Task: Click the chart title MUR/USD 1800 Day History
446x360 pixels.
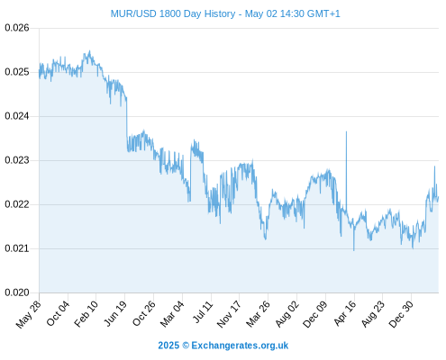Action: point(173,13)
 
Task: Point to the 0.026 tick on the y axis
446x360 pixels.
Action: point(17,28)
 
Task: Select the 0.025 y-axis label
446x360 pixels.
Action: point(17,72)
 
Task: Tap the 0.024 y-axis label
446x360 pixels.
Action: point(17,116)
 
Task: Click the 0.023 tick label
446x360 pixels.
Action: point(17,160)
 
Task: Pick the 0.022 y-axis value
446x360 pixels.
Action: point(17,204)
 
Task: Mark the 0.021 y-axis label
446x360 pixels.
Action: point(17,248)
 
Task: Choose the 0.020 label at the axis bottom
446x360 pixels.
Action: point(17,292)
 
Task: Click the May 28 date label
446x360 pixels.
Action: point(29,314)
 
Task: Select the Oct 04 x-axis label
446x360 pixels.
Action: point(58,313)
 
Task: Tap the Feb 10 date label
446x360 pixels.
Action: point(86,314)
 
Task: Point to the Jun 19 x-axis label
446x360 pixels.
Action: point(115,314)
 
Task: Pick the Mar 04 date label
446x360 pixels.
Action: point(172,314)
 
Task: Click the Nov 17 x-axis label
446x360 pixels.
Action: point(229,314)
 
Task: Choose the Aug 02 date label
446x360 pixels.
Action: point(287,314)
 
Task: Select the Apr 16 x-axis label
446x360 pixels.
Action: point(345,313)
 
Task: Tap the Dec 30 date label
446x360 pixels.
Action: point(401,314)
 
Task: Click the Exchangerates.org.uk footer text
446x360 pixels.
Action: point(240,346)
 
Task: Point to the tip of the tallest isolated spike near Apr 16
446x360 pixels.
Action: point(346,131)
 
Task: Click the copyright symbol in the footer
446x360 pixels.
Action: point(186,346)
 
